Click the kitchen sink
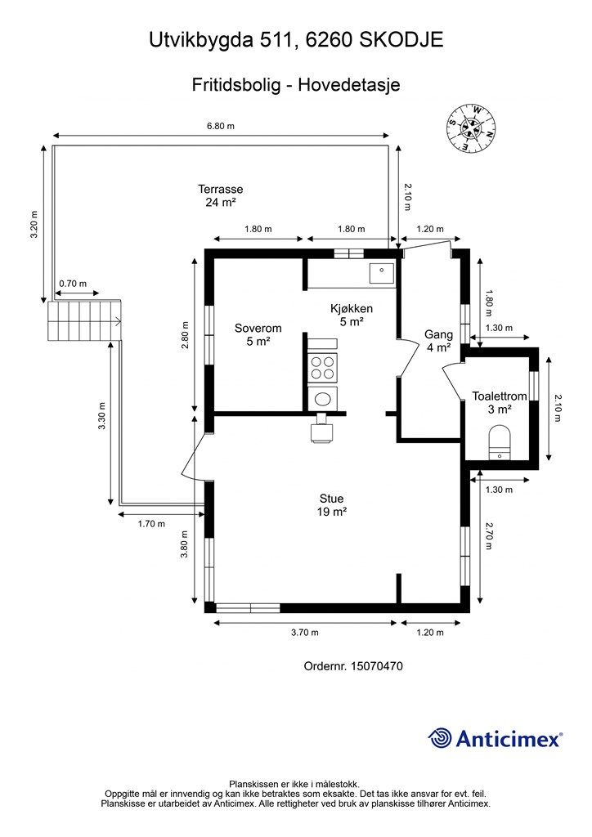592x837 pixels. [x=382, y=273]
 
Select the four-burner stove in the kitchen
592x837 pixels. [x=323, y=368]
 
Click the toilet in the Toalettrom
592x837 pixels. [x=500, y=442]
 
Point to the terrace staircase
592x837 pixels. [x=84, y=320]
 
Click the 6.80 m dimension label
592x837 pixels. [x=221, y=126]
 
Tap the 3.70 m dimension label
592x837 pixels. [x=305, y=633]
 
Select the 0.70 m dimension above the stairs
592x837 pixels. [x=73, y=284]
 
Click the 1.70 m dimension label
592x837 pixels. [x=151, y=524]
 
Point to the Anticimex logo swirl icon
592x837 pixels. [x=440, y=739]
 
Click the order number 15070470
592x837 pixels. [x=376, y=666]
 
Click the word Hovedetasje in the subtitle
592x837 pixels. [x=349, y=85]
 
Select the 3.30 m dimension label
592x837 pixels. [x=102, y=416]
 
